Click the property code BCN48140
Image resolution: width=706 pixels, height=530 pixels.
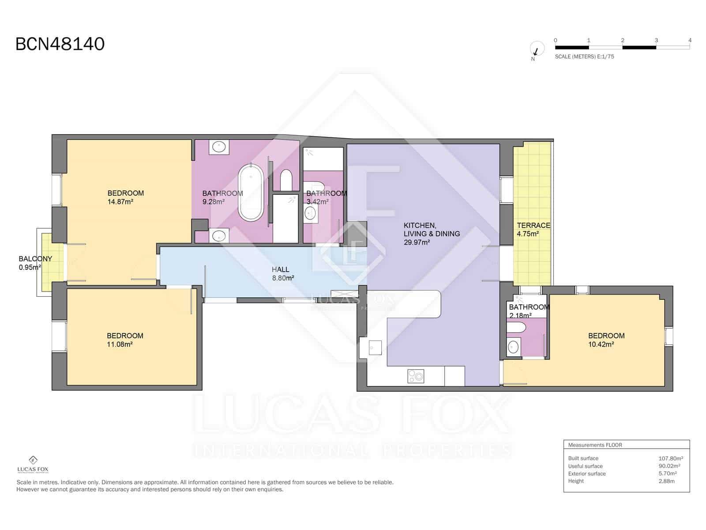pyautogui.click(x=60, y=44)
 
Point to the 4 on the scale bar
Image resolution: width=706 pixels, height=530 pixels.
pyautogui.click(x=690, y=40)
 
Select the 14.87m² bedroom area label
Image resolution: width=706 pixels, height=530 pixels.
pyautogui.click(x=120, y=202)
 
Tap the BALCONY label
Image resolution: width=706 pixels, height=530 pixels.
pyautogui.click(x=35, y=259)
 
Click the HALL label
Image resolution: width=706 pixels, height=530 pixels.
pyautogui.click(x=281, y=269)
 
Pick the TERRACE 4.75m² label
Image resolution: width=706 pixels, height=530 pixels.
pyautogui.click(x=533, y=229)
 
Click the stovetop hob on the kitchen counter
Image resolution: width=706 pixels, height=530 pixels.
pyautogui.click(x=416, y=376)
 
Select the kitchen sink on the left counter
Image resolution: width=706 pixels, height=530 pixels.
pyautogui.click(x=374, y=348)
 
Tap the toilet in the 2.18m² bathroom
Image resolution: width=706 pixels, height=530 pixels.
pyautogui.click(x=516, y=328)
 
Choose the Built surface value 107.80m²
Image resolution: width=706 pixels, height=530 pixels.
pyautogui.click(x=671, y=458)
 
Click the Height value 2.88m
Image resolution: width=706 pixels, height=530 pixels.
pyautogui.click(x=666, y=481)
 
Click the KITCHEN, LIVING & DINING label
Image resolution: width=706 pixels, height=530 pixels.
pyautogui.click(x=431, y=234)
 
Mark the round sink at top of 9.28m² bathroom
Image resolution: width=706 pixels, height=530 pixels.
pyautogui.click(x=218, y=147)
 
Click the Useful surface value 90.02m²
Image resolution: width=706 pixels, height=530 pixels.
pyautogui.click(x=669, y=466)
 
